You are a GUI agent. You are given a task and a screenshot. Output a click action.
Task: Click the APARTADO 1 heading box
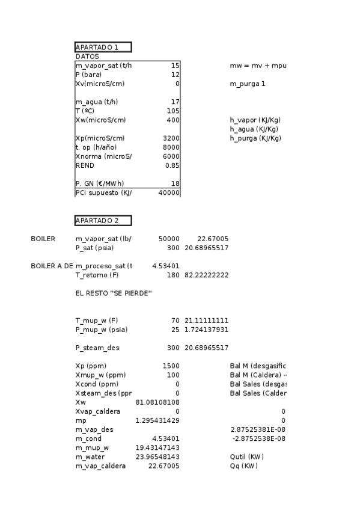pyautogui.click(x=103, y=47)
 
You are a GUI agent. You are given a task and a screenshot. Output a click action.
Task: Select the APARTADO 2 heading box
pyautogui.click(x=103, y=221)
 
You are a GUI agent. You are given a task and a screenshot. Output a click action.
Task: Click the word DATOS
pyautogui.click(x=87, y=56)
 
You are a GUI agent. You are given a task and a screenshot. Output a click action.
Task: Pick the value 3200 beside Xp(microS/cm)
pyautogui.click(x=171, y=138)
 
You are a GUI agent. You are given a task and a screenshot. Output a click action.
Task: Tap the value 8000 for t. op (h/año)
pyautogui.click(x=171, y=147)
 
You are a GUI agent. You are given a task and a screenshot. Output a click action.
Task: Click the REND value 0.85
pyautogui.click(x=172, y=165)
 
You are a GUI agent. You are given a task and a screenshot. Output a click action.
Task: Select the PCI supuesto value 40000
pyautogui.click(x=169, y=192)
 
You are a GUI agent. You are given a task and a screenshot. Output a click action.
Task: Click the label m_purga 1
pyautogui.click(x=247, y=84)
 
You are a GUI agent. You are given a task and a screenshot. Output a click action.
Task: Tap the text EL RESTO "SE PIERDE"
pyautogui.click(x=114, y=293)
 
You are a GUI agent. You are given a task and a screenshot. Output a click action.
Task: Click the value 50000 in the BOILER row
pyautogui.click(x=168, y=239)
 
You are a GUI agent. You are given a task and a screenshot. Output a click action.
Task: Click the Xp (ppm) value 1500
pyautogui.click(x=171, y=366)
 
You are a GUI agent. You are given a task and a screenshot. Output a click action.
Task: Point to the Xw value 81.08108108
pyautogui.click(x=157, y=402)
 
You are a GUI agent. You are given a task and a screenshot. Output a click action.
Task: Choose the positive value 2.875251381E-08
pyautogui.click(x=257, y=429)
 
